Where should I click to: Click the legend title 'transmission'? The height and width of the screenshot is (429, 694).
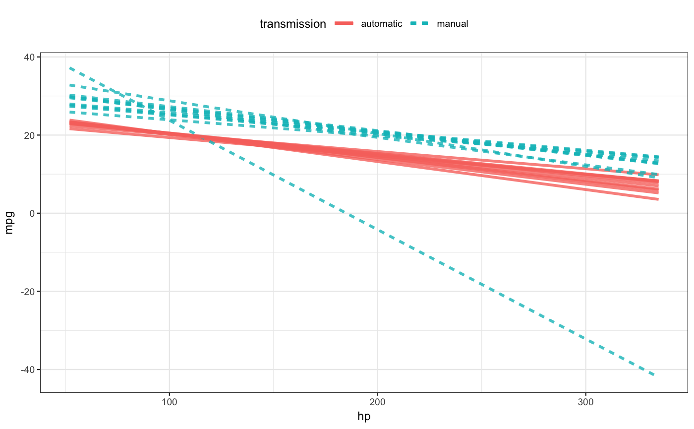pyautogui.click(x=292, y=23)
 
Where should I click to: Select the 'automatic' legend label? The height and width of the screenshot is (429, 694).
pyautogui.click(x=382, y=23)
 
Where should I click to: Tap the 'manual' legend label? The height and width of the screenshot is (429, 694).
pyautogui.click(x=452, y=23)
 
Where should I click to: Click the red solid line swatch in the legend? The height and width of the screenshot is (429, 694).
pyautogui.click(x=344, y=23)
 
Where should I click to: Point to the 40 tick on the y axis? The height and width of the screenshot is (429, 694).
pyautogui.click(x=29, y=57)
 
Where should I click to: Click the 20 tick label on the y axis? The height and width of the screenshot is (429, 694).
pyautogui.click(x=29, y=135)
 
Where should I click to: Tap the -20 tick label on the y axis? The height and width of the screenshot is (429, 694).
pyautogui.click(x=28, y=292)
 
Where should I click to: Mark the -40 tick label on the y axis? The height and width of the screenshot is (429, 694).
pyautogui.click(x=28, y=369)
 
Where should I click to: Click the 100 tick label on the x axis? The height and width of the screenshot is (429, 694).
pyautogui.click(x=170, y=400)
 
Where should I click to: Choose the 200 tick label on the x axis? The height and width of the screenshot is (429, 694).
pyautogui.click(x=378, y=400)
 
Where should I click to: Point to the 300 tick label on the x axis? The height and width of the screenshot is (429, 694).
pyautogui.click(x=586, y=400)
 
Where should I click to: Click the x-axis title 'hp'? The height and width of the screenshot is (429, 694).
pyautogui.click(x=364, y=417)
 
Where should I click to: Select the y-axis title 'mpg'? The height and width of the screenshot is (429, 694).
pyautogui.click(x=9, y=222)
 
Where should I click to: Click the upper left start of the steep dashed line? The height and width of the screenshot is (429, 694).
pyautogui.click(x=70, y=67)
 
